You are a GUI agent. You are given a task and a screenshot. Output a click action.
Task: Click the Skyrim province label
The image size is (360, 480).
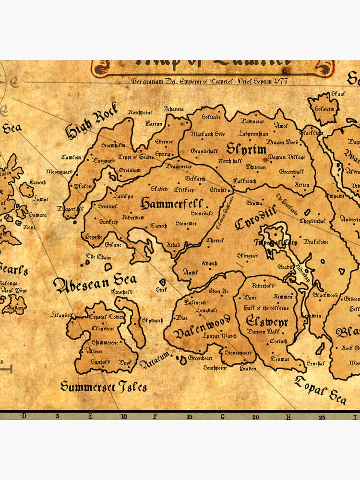[x=246, y=149]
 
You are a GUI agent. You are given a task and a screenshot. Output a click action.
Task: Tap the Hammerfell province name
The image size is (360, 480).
[x=171, y=204]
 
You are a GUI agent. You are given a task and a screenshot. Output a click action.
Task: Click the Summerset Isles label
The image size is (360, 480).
[x=104, y=386]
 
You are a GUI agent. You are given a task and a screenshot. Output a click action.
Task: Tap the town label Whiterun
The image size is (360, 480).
[x=255, y=167]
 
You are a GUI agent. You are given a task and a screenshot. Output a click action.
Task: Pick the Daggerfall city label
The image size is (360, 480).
[x=70, y=209]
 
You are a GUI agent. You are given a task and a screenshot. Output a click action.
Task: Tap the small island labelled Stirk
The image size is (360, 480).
[x=162, y=289]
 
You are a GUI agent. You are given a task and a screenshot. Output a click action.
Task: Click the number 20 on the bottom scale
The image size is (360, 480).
[x=256, y=417]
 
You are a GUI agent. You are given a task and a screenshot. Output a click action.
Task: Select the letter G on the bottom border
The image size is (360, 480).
[x=222, y=417]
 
